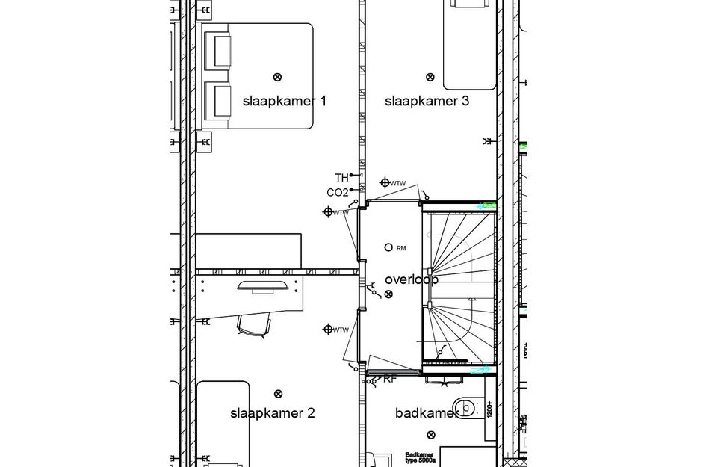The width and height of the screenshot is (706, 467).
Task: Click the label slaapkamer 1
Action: point(285,101)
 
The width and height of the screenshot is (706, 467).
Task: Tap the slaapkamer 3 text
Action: point(427,101)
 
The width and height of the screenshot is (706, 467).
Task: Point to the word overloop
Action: point(411,279)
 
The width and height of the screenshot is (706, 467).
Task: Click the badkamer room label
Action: point(426,413)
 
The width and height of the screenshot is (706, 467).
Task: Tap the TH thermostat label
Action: point(341,178)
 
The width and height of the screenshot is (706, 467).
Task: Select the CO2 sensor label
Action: point(337,193)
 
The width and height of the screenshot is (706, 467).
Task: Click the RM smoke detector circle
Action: point(388,247)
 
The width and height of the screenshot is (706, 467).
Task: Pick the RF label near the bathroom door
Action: point(389,380)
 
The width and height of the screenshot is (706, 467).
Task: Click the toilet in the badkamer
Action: point(467,407)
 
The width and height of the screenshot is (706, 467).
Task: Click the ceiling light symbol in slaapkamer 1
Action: point(277,77)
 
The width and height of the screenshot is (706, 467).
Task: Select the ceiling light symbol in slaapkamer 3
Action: point(429,77)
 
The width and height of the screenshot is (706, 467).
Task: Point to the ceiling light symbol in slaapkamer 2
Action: point(278,393)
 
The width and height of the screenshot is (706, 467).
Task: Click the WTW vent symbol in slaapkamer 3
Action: point(385,182)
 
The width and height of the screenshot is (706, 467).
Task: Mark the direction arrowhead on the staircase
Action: point(471,300)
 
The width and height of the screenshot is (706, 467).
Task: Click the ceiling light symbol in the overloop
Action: point(388,294)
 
